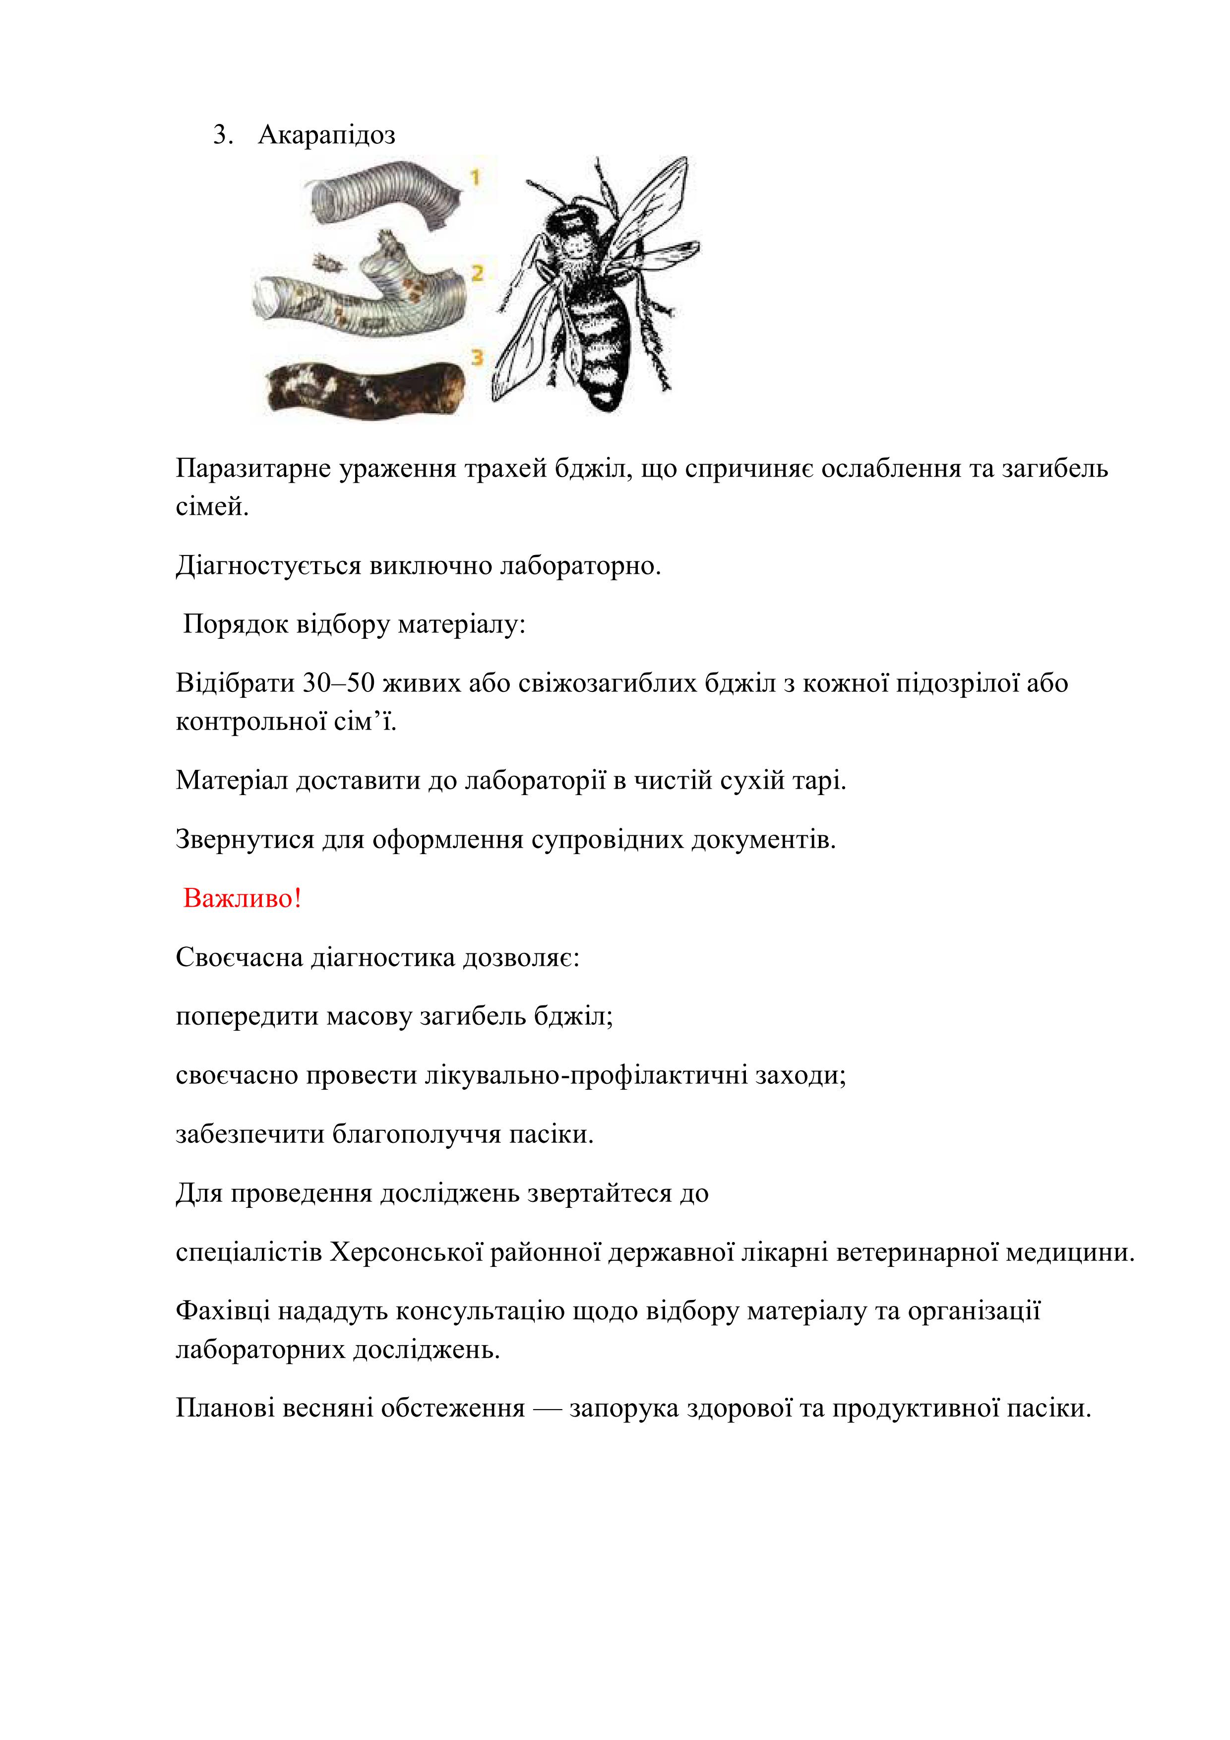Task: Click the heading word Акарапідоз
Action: [327, 135]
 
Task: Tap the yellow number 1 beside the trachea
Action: [475, 178]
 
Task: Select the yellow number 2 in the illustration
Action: [477, 273]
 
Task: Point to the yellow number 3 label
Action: [477, 357]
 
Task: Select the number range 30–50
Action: [339, 683]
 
